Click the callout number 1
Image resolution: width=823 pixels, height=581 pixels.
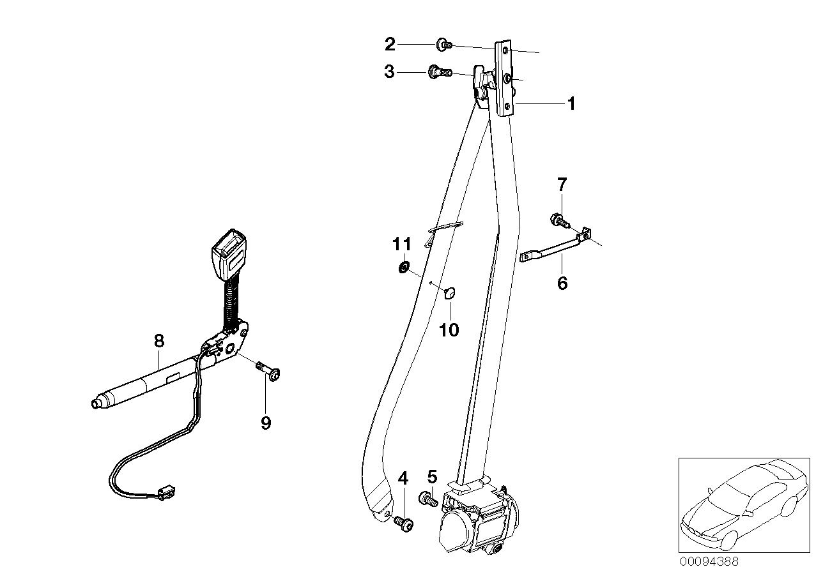[571, 103]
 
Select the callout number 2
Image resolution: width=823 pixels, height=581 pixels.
[389, 44]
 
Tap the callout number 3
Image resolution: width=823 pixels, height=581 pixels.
[389, 72]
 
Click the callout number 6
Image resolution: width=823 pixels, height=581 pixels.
[562, 283]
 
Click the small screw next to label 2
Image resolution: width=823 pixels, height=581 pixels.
[444, 44]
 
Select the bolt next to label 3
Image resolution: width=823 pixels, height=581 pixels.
[440, 72]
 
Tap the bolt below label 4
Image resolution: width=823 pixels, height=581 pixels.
[404, 524]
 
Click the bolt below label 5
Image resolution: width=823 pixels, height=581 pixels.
[427, 499]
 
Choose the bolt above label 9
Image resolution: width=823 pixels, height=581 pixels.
[271, 372]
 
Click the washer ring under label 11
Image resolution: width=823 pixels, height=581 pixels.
[404, 266]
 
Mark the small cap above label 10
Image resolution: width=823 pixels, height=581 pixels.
[449, 293]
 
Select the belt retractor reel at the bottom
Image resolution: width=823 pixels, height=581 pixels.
[476, 515]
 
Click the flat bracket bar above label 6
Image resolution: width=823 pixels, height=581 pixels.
[553, 248]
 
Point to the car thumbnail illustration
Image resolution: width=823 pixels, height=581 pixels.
[743, 504]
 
